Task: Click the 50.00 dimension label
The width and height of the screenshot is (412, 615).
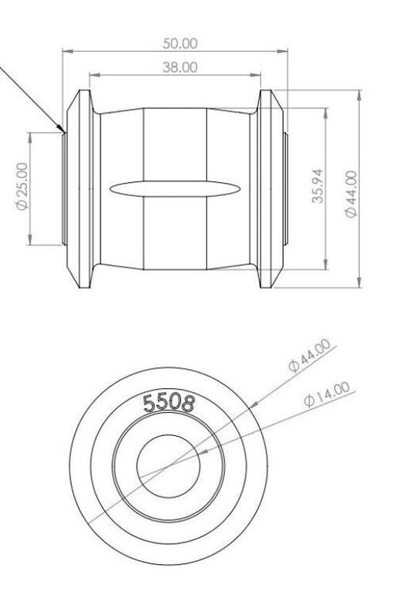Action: click(179, 43)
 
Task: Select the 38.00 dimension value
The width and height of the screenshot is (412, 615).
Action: click(179, 67)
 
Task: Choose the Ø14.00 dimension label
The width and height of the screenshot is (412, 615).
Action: click(327, 394)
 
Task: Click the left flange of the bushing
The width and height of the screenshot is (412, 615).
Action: click(77, 188)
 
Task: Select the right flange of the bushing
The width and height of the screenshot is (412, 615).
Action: click(267, 188)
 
